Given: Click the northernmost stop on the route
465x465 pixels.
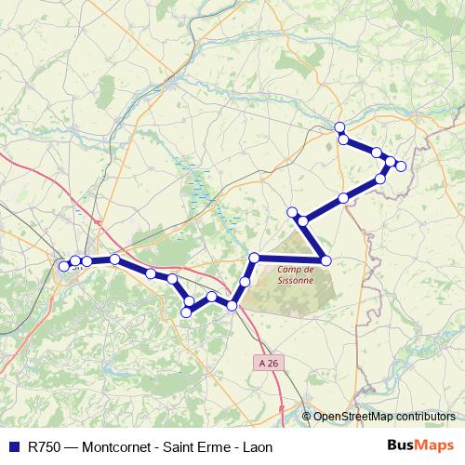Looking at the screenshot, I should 340,126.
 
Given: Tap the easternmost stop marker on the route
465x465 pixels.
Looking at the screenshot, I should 401,166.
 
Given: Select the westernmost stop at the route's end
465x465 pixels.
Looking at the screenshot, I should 64,266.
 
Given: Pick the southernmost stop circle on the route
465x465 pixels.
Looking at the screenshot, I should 186,312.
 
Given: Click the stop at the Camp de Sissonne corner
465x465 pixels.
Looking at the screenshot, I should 325,259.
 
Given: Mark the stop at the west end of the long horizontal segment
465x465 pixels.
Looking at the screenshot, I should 254,258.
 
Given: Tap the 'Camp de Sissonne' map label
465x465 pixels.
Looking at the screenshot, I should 296,274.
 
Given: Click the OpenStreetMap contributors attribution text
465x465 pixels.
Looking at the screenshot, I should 384,417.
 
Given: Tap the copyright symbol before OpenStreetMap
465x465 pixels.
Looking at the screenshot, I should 307,417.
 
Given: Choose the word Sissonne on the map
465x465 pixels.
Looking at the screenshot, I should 296,280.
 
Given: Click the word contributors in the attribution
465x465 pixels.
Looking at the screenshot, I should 425,417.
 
